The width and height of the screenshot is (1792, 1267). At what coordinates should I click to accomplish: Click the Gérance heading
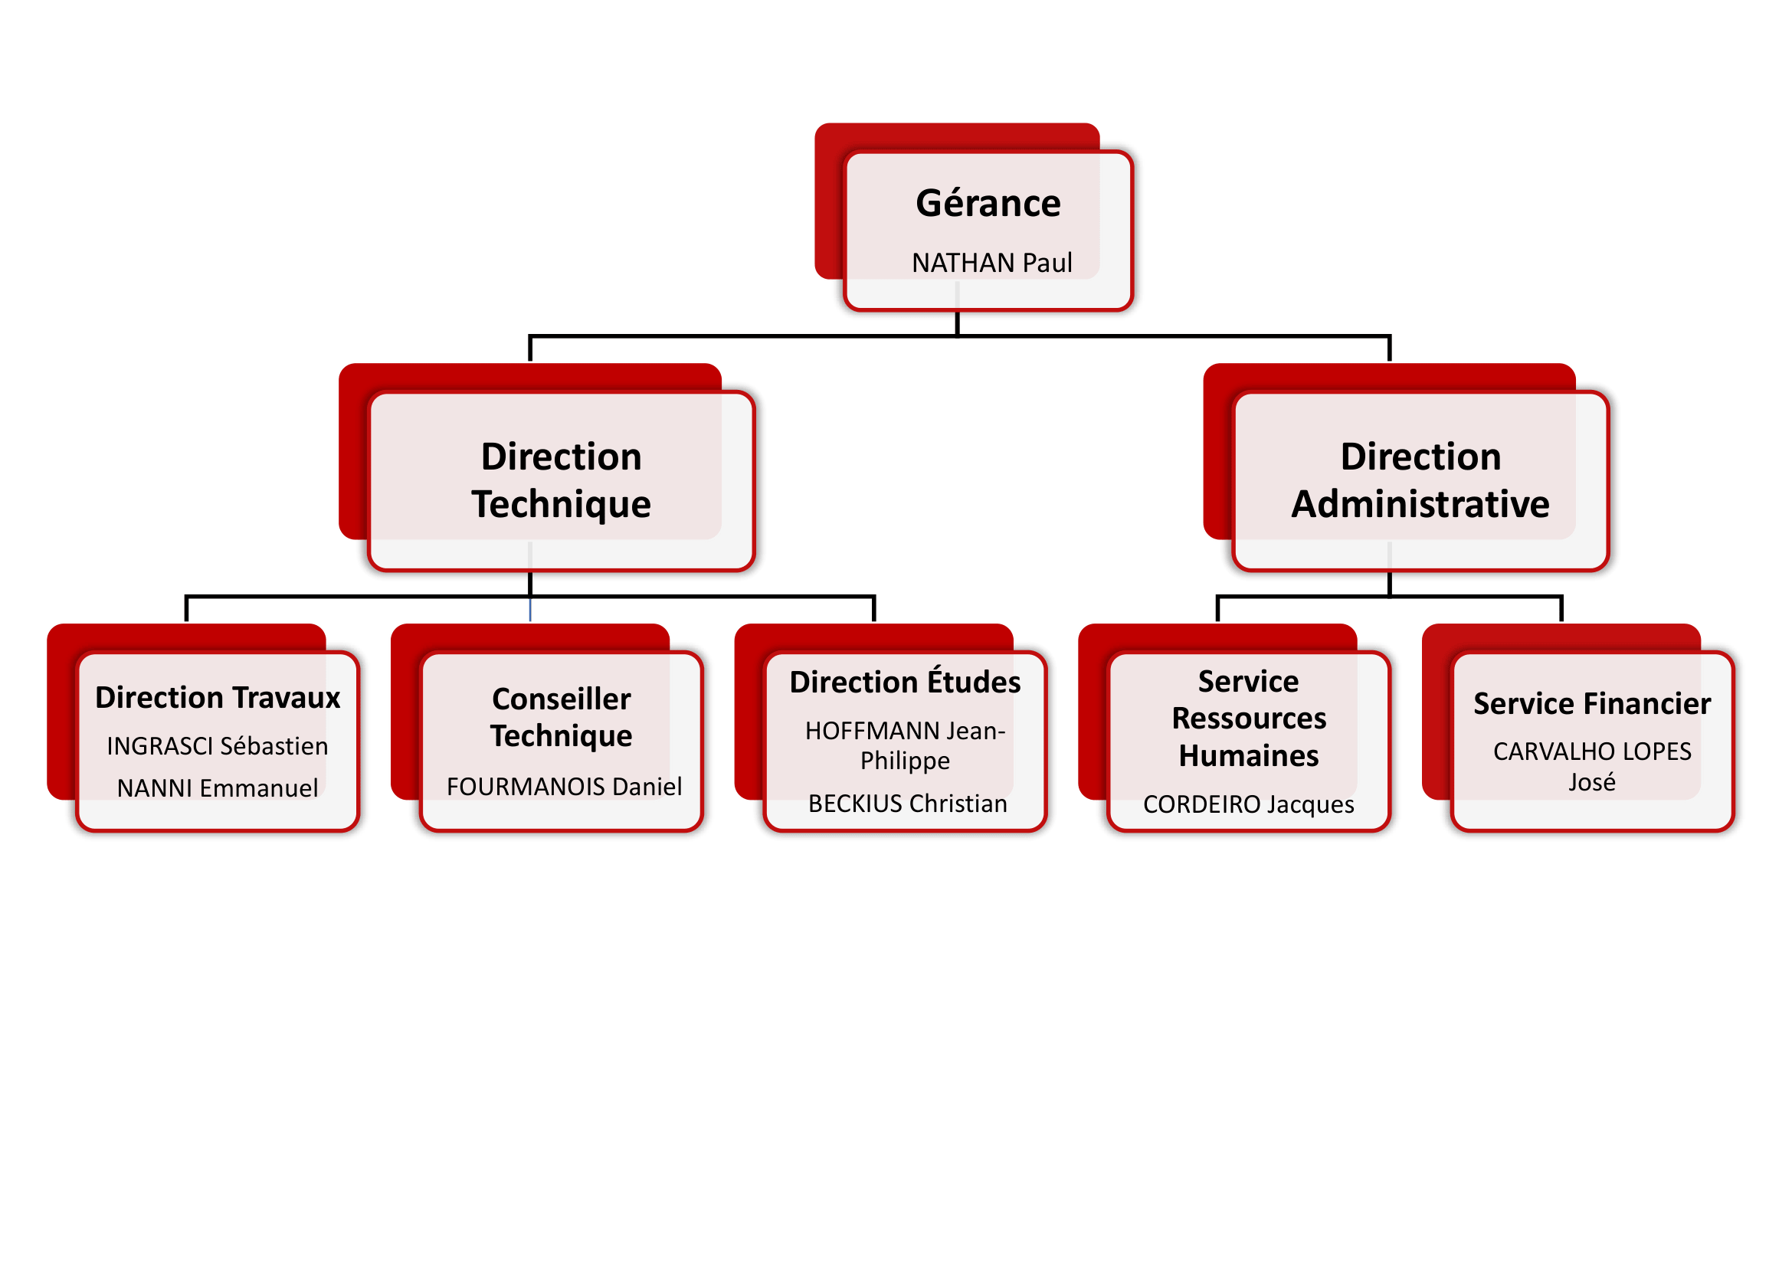988,205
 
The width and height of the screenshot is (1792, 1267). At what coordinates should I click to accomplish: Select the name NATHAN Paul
991,263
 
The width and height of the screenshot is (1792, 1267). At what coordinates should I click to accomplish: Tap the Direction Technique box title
561,480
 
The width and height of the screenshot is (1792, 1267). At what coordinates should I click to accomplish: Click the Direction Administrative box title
1420,480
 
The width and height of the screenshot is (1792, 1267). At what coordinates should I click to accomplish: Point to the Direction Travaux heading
217,698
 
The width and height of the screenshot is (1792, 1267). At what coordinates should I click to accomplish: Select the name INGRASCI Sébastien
217,747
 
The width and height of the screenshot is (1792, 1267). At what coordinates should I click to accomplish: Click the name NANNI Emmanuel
217,788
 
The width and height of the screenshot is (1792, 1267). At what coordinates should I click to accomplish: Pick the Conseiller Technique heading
561,717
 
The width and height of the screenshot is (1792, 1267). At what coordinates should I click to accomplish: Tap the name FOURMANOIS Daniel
564,787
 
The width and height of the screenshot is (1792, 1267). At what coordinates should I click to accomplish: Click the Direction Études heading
905,682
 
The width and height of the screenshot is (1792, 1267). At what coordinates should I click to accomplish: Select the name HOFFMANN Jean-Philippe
905,745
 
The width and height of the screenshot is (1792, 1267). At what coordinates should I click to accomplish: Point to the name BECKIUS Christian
907,804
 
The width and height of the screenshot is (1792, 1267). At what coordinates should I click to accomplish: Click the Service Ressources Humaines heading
1249,719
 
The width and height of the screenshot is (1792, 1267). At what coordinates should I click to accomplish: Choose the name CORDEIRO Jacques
1249,804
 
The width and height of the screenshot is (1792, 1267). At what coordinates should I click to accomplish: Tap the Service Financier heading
1592,704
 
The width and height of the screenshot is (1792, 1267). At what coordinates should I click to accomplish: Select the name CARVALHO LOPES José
1592,766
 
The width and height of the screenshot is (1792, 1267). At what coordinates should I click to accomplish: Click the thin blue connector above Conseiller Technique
530,609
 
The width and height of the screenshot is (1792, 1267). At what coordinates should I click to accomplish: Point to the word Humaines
1249,756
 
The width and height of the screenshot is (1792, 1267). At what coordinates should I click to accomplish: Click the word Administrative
1420,504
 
